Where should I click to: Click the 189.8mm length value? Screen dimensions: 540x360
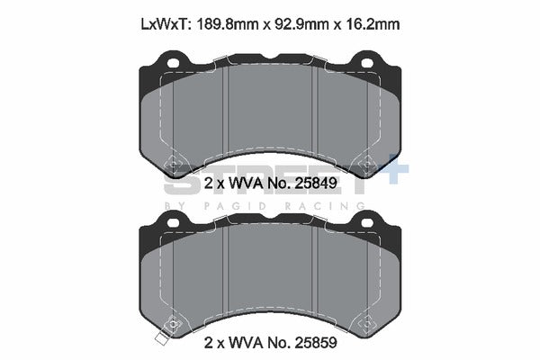coord(226,25)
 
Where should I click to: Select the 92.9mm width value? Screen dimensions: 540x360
coord(303,25)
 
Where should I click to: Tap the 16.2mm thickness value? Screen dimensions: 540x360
coord(372,25)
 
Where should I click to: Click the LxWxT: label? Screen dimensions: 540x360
coord(165,25)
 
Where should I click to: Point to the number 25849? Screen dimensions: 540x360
coord(316,184)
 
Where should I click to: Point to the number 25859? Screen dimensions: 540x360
coord(316,343)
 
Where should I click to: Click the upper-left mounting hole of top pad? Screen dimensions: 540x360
coord(173,63)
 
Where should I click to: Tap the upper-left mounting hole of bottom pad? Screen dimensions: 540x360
coord(173,222)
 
